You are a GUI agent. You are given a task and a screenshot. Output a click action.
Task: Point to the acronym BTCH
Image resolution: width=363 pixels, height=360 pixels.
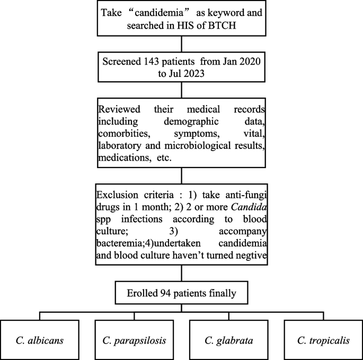coord(228,27)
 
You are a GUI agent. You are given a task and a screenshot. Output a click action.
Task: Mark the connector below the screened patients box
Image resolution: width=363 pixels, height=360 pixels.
coord(181,89)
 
